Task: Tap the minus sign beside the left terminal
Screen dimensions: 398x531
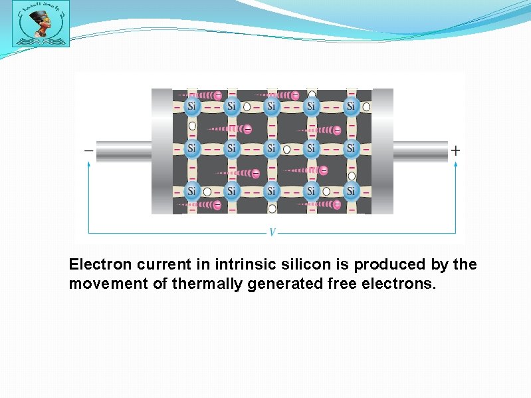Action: pos(88,151)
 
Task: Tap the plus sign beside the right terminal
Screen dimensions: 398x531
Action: pos(455,151)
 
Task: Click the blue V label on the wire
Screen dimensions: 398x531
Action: pos(272,233)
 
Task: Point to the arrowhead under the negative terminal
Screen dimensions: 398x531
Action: pos(88,166)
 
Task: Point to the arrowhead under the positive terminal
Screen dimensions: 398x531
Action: pos(455,166)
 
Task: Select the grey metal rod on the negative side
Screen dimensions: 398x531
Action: pos(124,152)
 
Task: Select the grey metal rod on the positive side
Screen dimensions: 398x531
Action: pos(420,152)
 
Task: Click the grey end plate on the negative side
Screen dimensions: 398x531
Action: pos(162,152)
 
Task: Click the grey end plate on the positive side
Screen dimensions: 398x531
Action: pos(382,152)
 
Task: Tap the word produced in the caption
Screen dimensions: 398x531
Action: pos(381,265)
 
